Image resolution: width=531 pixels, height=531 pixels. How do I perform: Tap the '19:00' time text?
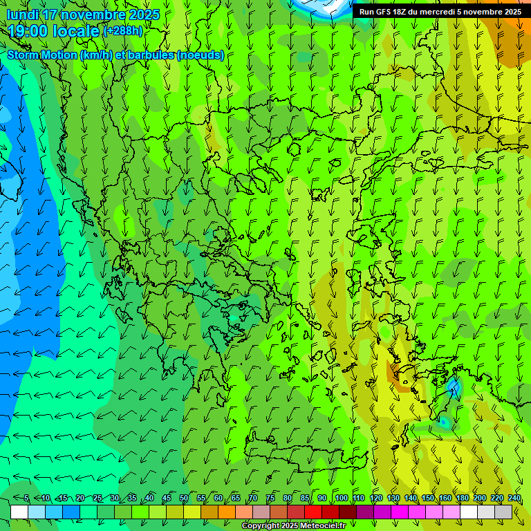tap(28, 31)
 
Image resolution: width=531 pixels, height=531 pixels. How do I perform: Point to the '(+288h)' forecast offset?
tap(122, 30)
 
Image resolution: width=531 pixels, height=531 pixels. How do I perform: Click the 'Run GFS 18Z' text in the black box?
tap(383, 12)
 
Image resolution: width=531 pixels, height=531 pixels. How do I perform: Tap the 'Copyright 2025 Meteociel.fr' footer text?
tap(293, 526)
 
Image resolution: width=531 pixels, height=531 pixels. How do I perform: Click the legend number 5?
tap(26, 499)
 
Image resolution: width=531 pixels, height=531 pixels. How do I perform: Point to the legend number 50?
tap(183, 499)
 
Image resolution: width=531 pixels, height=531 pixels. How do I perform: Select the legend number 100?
tap(341, 499)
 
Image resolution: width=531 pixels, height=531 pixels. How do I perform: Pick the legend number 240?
tap(514, 499)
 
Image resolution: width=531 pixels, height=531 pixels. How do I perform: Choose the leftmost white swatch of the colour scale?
tap(19, 512)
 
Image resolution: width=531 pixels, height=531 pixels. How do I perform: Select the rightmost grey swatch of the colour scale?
tap(503, 512)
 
